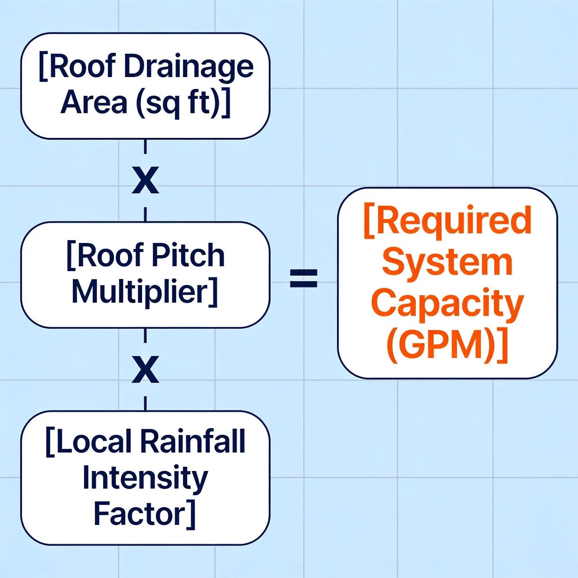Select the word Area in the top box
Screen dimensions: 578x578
(x=94, y=103)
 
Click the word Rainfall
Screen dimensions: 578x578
(x=193, y=441)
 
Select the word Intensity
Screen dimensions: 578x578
(x=145, y=479)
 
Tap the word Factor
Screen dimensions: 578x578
(x=139, y=514)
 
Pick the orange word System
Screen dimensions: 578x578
(x=447, y=263)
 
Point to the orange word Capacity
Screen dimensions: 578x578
(x=447, y=304)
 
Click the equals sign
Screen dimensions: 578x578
(x=304, y=278)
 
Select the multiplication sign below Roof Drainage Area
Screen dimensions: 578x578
(x=145, y=180)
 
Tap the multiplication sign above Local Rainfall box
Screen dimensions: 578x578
(x=145, y=369)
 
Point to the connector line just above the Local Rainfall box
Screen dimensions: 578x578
(x=145, y=404)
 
